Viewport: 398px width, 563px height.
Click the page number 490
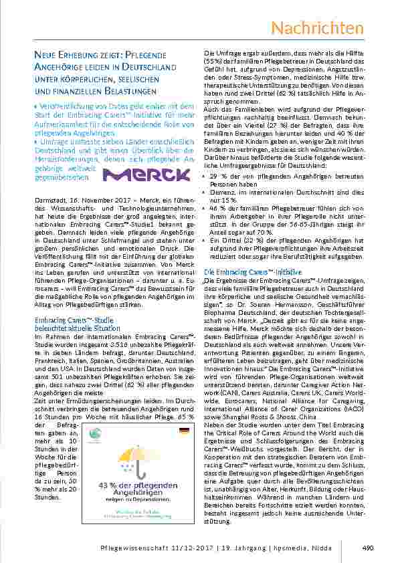367,548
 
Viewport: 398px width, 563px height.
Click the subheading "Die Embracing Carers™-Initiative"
245,273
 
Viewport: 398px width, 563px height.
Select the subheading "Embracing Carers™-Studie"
70,320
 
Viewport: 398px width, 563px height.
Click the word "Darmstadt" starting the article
48,199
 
